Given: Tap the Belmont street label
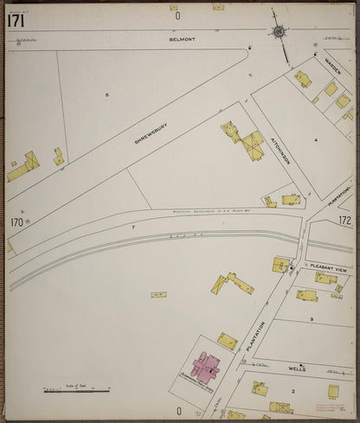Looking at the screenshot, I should tap(183, 40).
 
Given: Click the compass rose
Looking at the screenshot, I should tap(279, 33).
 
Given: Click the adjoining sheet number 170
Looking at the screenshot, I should tap(16, 222).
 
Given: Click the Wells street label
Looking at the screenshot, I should tap(293, 368).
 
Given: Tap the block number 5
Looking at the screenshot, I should tap(107, 94).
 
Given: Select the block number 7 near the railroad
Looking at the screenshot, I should tap(132, 227).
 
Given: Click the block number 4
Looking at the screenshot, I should tap(316, 139).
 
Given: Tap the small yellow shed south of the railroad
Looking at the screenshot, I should tap(158, 295).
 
